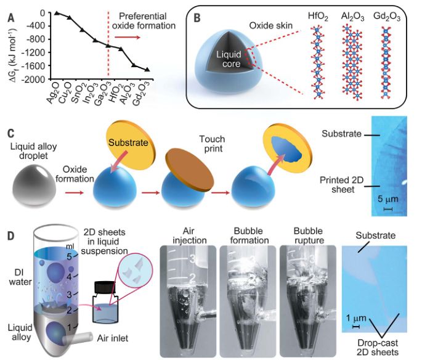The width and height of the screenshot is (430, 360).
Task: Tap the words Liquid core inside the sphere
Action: (242, 60)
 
